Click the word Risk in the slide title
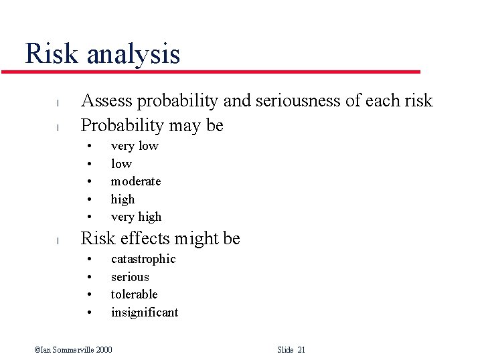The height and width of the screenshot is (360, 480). [x=52, y=54]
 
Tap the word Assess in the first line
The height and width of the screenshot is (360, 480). [x=106, y=101]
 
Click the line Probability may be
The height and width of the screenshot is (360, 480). [x=152, y=125]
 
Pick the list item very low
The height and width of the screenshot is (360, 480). [x=135, y=146]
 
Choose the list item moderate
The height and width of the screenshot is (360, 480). [x=136, y=181]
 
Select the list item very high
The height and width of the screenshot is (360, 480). [x=136, y=217]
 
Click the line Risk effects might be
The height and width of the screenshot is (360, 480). [x=160, y=238]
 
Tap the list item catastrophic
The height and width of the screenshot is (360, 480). [x=143, y=259]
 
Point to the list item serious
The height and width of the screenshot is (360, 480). [x=130, y=277]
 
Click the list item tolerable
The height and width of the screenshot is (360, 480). [x=134, y=294]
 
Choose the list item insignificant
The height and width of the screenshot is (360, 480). [x=145, y=312]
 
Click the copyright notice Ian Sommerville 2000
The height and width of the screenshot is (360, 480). [x=74, y=350]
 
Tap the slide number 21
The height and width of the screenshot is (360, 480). [x=301, y=350]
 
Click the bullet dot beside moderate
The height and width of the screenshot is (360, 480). [x=88, y=182]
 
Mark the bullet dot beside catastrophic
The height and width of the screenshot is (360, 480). [x=88, y=260]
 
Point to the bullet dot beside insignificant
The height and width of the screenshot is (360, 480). [x=88, y=313]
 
